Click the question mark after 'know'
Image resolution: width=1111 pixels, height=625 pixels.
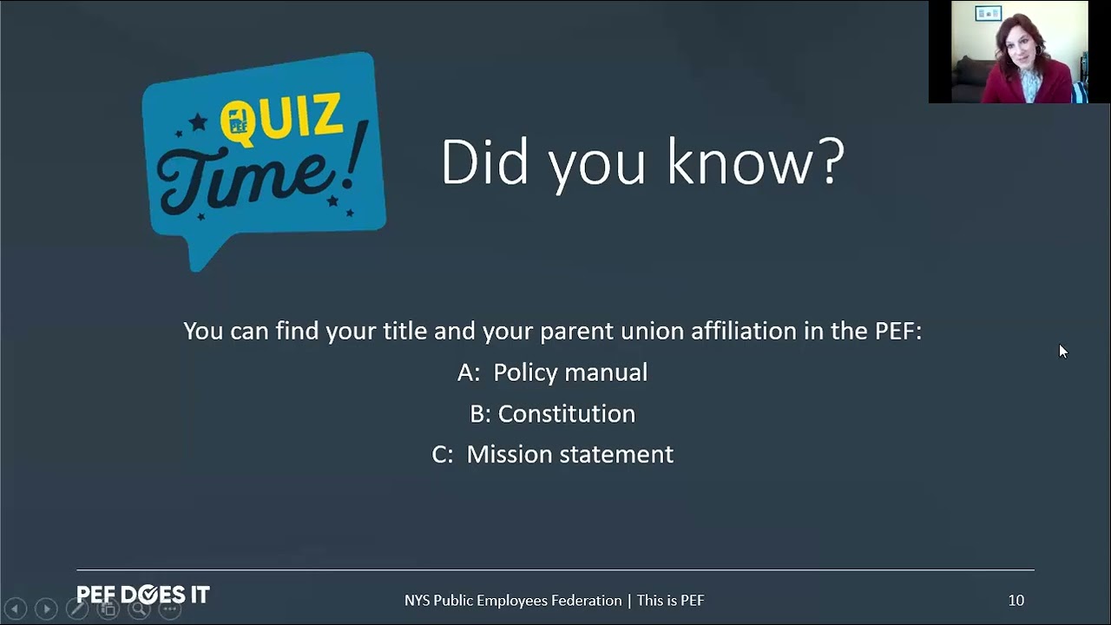[829, 161]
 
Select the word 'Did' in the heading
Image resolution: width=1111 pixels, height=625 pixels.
[484, 161]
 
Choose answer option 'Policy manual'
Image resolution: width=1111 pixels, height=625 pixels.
[570, 372]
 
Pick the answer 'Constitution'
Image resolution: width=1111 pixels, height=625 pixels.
[567, 413]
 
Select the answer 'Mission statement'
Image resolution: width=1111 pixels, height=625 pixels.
[570, 454]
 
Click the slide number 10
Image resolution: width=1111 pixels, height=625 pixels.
[1016, 600]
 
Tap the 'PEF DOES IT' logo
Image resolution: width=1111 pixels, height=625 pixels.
[143, 595]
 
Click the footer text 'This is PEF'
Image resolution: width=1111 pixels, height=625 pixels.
[671, 600]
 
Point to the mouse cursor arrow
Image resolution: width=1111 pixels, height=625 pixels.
[1062, 352]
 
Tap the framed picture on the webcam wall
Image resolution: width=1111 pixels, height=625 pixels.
[988, 13]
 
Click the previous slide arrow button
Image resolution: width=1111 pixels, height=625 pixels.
[16, 609]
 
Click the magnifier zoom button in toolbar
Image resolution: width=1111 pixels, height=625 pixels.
[139, 609]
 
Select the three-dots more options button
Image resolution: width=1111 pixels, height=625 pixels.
[170, 609]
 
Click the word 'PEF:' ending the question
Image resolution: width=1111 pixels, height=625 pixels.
[898, 331]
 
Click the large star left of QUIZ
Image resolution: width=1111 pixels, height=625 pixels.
[199, 122]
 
